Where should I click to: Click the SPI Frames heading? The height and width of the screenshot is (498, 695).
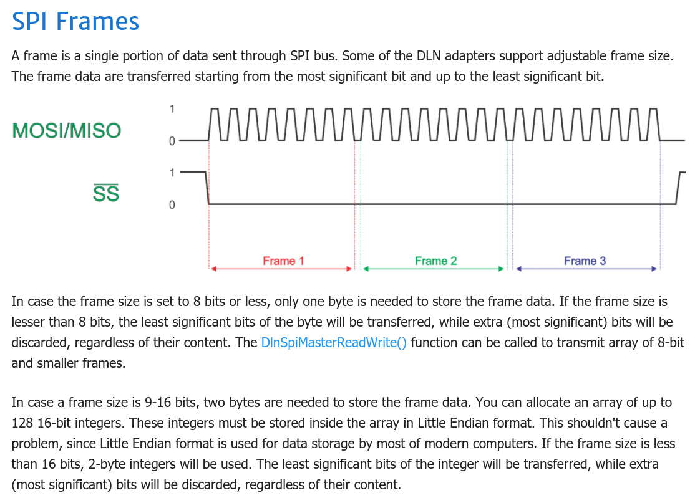click(x=75, y=21)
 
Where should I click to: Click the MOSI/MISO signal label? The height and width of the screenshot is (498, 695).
click(x=67, y=131)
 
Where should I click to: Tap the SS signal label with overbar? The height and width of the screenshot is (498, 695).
click(x=106, y=193)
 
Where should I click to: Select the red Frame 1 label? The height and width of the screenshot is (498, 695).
click(x=283, y=261)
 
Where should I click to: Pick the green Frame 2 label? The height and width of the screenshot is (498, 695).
click(x=435, y=261)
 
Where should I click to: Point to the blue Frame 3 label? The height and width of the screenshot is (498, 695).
click(x=585, y=261)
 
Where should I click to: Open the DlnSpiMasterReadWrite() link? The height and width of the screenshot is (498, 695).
click(x=334, y=343)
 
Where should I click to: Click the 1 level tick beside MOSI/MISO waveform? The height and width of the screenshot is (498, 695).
click(x=172, y=108)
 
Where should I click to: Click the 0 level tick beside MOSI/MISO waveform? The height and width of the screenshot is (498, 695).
click(x=172, y=141)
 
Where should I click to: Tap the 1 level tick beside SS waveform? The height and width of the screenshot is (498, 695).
click(x=172, y=173)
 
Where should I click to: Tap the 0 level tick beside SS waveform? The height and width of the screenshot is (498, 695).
click(x=172, y=204)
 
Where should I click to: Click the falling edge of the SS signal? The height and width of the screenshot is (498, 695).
click(x=207, y=188)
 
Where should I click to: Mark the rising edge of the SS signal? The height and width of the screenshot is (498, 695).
click(x=678, y=188)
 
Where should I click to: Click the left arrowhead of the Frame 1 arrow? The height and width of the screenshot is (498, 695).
click(x=213, y=269)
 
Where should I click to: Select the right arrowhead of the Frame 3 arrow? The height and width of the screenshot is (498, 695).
click(x=654, y=269)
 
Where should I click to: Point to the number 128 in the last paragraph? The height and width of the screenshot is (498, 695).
click(x=22, y=423)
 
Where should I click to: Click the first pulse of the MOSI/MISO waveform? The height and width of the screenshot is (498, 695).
click(x=214, y=125)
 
